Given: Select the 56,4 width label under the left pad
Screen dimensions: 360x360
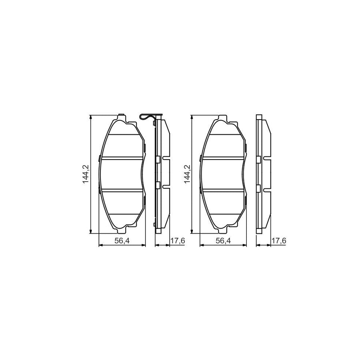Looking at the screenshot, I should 122,240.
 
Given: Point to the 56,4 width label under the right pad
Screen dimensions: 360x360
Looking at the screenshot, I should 223,240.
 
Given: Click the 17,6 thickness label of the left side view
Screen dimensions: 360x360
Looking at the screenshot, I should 177,240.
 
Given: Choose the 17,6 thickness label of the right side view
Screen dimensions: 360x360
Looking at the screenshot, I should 278,240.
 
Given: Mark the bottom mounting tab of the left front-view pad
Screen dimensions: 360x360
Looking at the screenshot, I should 122,230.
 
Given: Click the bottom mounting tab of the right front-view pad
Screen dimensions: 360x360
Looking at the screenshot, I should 223,230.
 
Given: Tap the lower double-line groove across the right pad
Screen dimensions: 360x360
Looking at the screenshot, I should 223,191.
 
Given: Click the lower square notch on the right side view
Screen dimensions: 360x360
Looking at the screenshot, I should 259,188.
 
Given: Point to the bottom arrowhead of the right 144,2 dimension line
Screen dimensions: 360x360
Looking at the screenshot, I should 193,232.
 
